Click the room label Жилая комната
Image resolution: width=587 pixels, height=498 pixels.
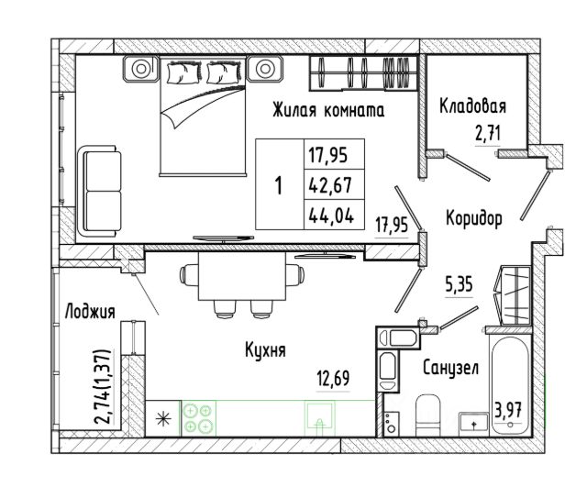coord(328,110)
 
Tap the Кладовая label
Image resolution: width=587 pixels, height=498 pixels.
coord(473,105)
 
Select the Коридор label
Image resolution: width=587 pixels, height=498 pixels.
coord(474,218)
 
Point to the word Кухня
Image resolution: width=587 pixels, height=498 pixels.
coord(265,350)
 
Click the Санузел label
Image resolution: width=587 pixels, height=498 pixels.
coord(450,368)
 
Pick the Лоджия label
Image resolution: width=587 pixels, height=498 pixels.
coord(90,312)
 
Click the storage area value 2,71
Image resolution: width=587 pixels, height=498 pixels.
coord(488,134)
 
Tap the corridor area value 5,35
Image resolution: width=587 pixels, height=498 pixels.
coord(459,285)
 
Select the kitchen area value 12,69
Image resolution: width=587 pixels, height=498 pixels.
coord(333,378)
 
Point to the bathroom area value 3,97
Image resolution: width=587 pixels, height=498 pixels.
coord(508,410)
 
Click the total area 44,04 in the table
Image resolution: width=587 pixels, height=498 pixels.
coord(331,216)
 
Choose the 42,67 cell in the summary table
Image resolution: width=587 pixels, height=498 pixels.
coord(330,185)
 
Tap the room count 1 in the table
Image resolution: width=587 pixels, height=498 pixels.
coord(279,185)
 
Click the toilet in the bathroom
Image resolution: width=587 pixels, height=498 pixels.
coord(428,415)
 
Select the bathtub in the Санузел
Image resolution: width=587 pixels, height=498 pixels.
coord(509,385)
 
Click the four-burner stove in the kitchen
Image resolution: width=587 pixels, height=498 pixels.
coord(198,418)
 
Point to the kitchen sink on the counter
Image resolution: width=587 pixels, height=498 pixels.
coord(319,418)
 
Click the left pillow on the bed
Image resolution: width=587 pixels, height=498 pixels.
coord(183,72)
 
